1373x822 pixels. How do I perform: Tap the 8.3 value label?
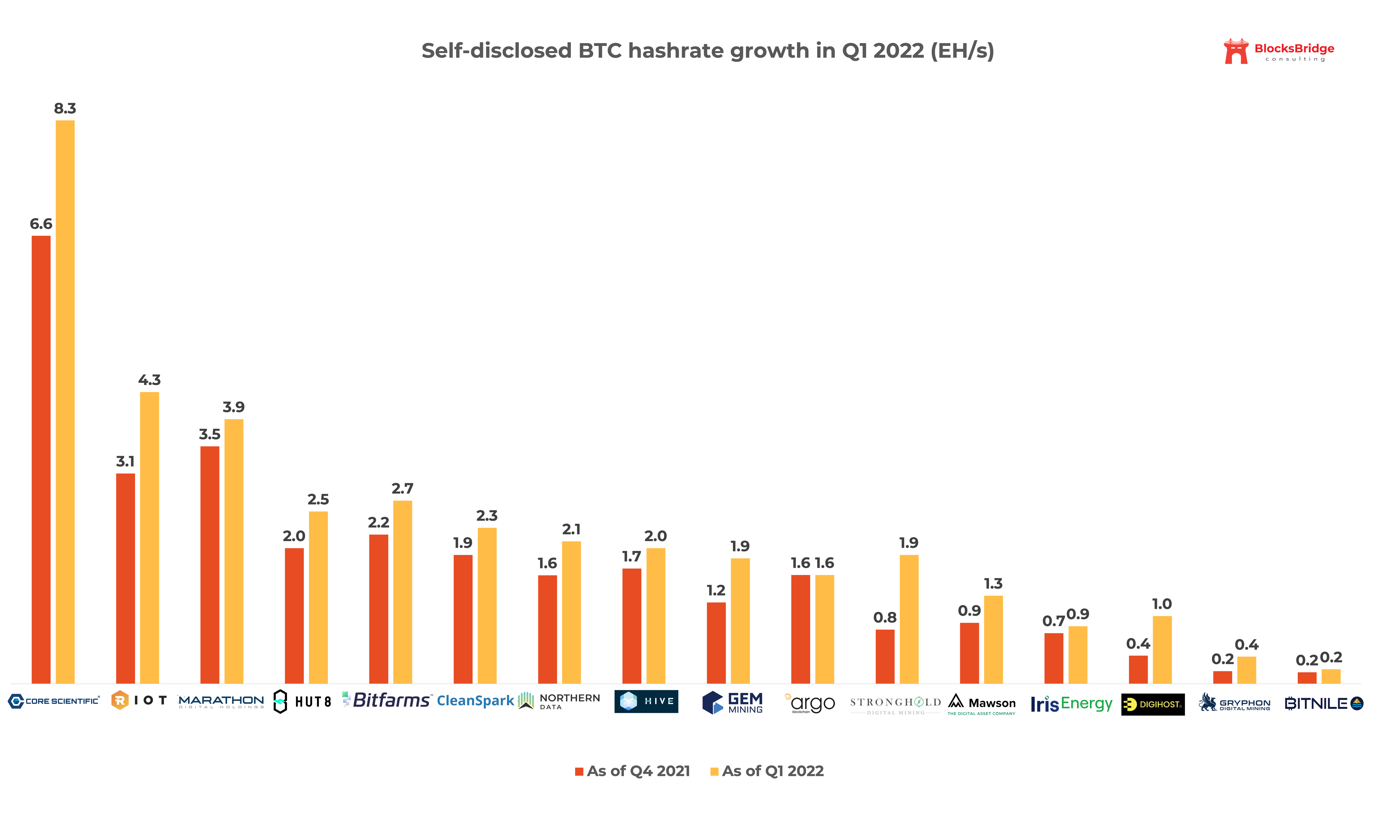click(65, 109)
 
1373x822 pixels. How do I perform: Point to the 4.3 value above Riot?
click(149, 380)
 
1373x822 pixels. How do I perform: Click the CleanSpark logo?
click(475, 701)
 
